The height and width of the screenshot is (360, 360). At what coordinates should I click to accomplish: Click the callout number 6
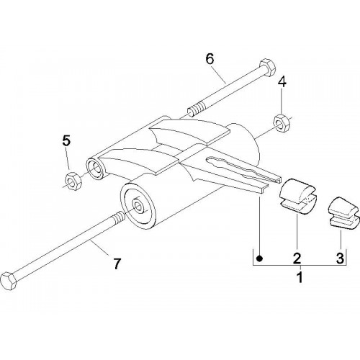point(210,59)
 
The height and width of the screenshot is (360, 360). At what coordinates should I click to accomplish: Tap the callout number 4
point(282,82)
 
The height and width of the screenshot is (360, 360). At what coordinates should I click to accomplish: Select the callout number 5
point(66,140)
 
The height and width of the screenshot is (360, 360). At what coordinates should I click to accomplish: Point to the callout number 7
point(117,264)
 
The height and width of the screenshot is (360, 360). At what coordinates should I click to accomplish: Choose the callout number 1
point(300,277)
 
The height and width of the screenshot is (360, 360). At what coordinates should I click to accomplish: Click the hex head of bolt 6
point(268,68)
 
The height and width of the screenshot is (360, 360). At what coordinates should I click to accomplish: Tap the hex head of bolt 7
point(9,282)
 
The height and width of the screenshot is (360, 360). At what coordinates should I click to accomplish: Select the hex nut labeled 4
point(282,123)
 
